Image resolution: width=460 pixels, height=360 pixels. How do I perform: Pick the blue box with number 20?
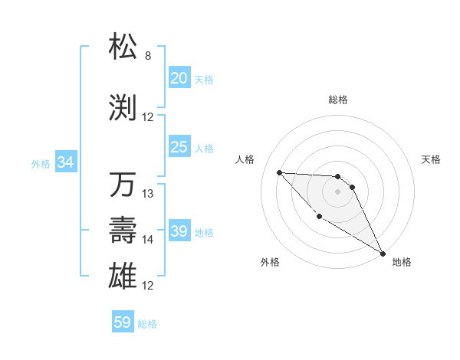tap(179, 77)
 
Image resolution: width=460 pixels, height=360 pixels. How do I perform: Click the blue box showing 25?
tap(179, 147)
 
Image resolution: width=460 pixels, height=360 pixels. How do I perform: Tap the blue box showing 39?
tap(179, 231)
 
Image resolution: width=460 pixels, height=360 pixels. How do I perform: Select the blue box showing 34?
tap(65, 162)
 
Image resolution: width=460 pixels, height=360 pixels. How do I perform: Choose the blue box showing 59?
tap(122, 322)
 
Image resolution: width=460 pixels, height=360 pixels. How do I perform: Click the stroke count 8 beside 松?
tap(148, 56)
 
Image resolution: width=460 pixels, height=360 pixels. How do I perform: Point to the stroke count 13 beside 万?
tap(149, 194)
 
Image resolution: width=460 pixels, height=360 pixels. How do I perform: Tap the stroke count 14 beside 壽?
tap(149, 240)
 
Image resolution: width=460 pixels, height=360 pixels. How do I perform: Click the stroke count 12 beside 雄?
tap(149, 286)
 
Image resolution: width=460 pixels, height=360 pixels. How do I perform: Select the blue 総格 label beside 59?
tap(147, 324)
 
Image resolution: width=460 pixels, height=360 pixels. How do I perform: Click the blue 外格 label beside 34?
tap(41, 163)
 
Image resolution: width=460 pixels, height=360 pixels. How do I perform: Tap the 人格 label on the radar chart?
tap(245, 159)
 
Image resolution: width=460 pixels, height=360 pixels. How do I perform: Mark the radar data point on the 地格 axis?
tap(383, 254)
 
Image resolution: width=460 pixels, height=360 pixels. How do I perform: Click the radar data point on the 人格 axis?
tap(279, 172)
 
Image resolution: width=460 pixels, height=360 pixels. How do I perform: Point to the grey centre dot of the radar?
tap(337, 191)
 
